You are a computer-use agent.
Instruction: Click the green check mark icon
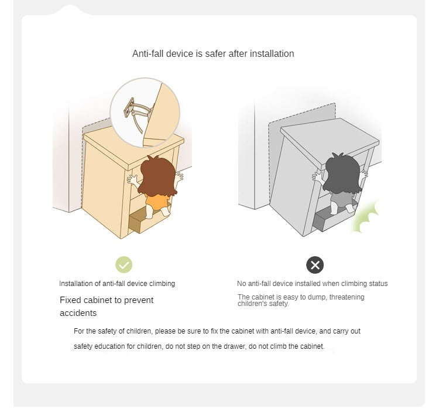(124, 264)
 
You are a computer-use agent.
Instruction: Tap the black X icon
(315, 265)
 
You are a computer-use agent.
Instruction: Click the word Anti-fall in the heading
(148, 53)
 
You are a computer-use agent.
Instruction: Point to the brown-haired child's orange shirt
(157, 202)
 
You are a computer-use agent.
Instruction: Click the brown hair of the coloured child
(157, 176)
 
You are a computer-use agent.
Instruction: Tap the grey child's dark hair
(343, 174)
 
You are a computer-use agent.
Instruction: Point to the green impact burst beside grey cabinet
(366, 217)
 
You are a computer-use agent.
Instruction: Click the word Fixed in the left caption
(71, 300)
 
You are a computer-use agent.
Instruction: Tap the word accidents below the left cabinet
(78, 313)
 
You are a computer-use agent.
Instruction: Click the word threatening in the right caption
(347, 297)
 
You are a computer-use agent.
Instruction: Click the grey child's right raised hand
(363, 175)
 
